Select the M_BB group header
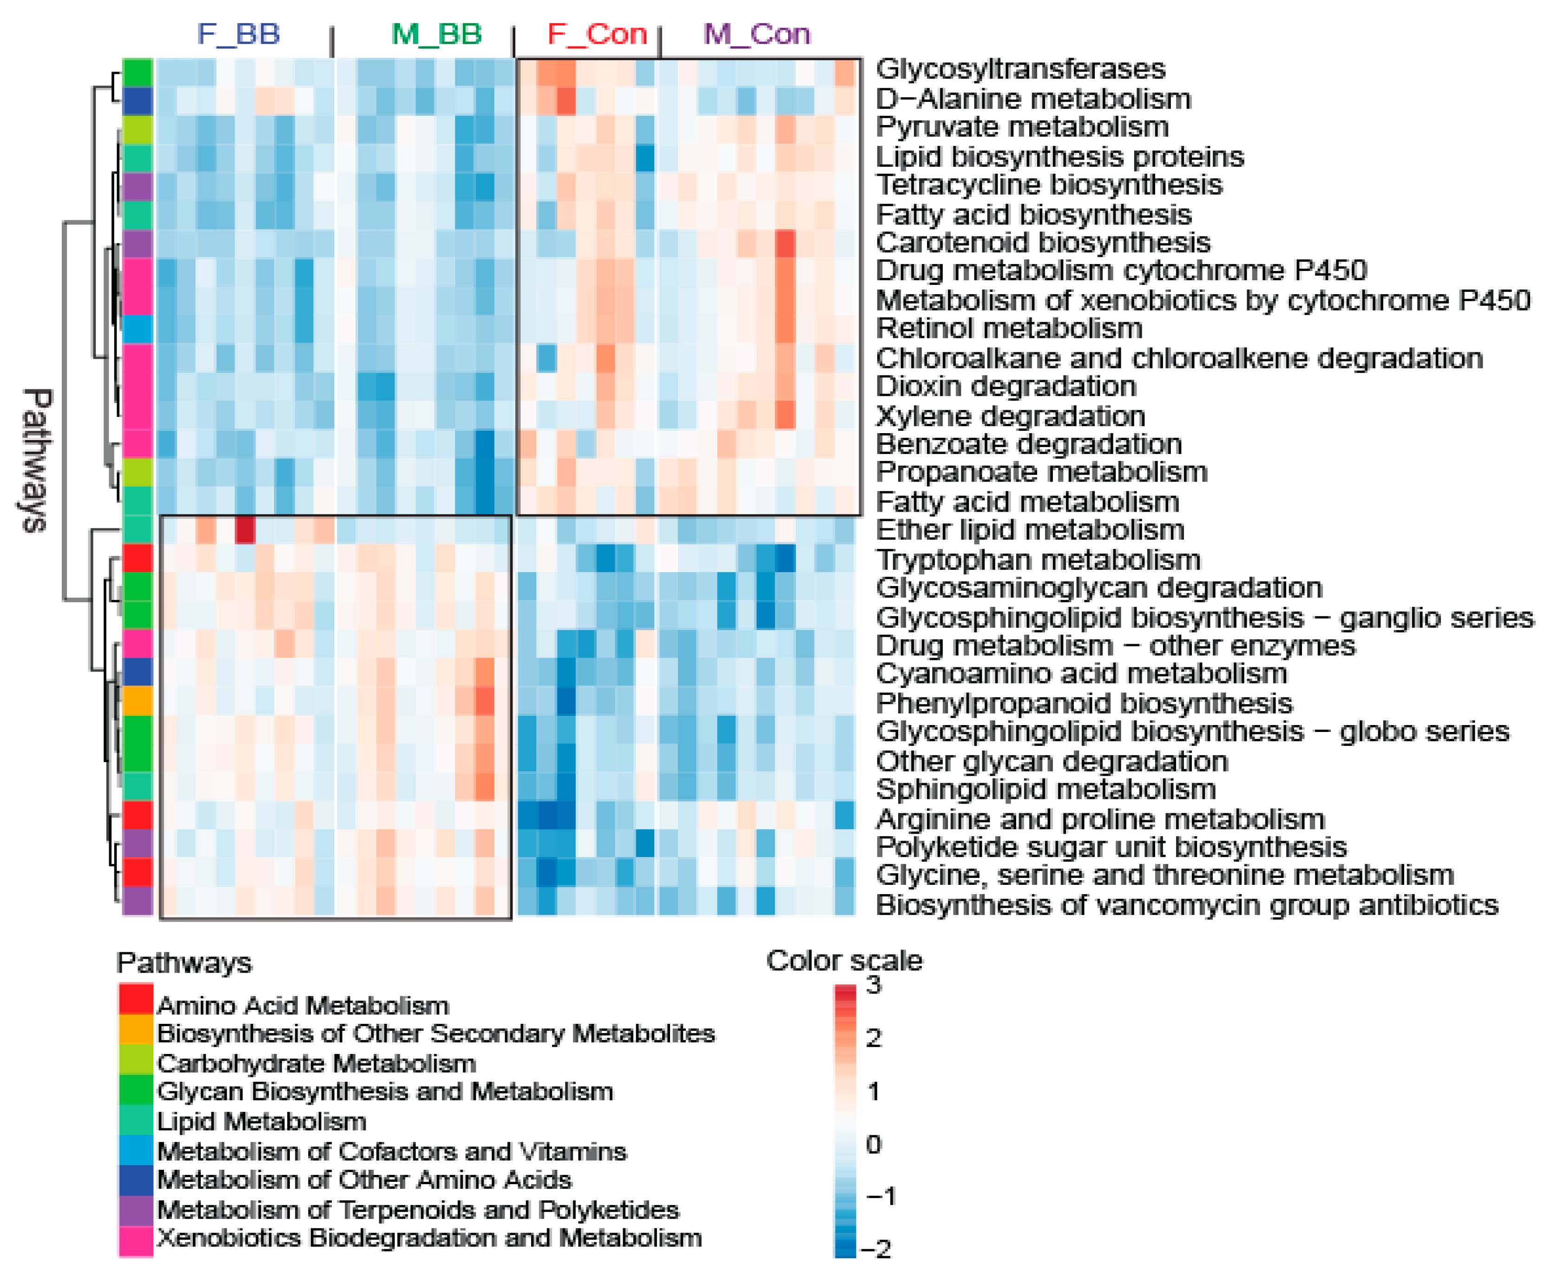437,34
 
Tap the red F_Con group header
597,34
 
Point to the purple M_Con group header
757,34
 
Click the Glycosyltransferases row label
1020,69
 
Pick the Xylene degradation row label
1010,416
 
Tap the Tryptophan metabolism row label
1038,560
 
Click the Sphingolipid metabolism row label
1046,789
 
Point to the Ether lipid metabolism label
1030,530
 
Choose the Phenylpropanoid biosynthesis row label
1084,704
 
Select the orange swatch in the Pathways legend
136,1031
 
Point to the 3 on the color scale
873,986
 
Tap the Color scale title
844,961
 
